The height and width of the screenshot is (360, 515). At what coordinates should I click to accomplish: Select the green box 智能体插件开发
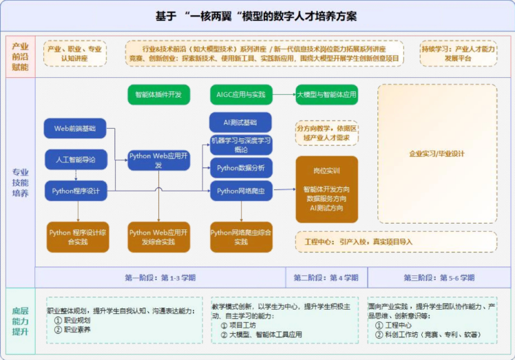click(x=158, y=94)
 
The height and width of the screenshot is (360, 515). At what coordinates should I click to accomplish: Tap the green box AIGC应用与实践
click(x=240, y=94)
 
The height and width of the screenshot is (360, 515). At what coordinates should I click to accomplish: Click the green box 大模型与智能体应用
click(x=327, y=94)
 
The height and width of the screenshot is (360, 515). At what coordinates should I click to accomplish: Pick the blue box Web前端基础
click(x=75, y=129)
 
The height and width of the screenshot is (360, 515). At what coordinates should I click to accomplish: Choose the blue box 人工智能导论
click(x=76, y=160)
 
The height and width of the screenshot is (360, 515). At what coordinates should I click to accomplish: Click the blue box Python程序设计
click(x=76, y=191)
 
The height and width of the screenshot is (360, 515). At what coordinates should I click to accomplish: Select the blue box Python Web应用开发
click(x=158, y=160)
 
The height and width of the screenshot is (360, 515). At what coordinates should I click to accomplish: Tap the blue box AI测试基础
click(x=240, y=123)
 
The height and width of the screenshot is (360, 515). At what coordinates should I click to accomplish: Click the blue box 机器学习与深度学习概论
click(x=240, y=145)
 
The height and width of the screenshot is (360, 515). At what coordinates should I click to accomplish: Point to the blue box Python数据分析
click(x=240, y=167)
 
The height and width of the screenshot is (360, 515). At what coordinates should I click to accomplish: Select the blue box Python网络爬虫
click(x=240, y=191)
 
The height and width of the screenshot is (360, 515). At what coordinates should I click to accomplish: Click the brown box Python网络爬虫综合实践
click(x=240, y=237)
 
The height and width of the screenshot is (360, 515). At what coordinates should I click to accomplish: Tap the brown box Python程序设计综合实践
click(x=77, y=237)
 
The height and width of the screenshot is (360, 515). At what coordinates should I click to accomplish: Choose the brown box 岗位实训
click(x=326, y=189)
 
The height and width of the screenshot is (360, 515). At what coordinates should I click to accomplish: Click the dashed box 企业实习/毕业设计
click(x=437, y=153)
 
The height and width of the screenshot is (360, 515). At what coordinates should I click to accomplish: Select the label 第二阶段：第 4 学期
click(x=326, y=278)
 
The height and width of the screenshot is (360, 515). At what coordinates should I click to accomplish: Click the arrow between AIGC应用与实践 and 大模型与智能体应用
click(x=284, y=94)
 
